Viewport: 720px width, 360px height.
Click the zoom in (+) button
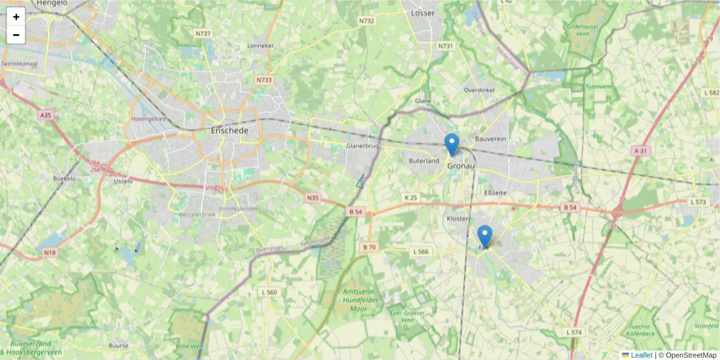(16, 17)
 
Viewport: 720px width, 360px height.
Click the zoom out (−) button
(16, 35)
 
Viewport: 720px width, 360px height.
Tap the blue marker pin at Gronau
(452, 145)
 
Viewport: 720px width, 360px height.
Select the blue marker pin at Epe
(485, 236)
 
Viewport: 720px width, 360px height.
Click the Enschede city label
(229, 130)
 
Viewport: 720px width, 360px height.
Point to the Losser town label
(423, 13)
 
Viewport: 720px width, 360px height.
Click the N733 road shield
(263, 79)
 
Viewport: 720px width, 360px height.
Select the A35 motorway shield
(46, 115)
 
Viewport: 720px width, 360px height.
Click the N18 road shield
(50, 253)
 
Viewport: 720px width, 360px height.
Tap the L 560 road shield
(269, 292)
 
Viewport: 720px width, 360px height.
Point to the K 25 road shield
(410, 197)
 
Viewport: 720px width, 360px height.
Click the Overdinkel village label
(478, 90)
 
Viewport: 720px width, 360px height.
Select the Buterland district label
(424, 161)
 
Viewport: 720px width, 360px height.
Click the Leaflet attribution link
(641, 355)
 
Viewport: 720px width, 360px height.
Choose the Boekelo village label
(64, 178)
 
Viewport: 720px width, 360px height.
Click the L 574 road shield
(574, 332)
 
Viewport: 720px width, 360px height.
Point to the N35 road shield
(313, 197)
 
